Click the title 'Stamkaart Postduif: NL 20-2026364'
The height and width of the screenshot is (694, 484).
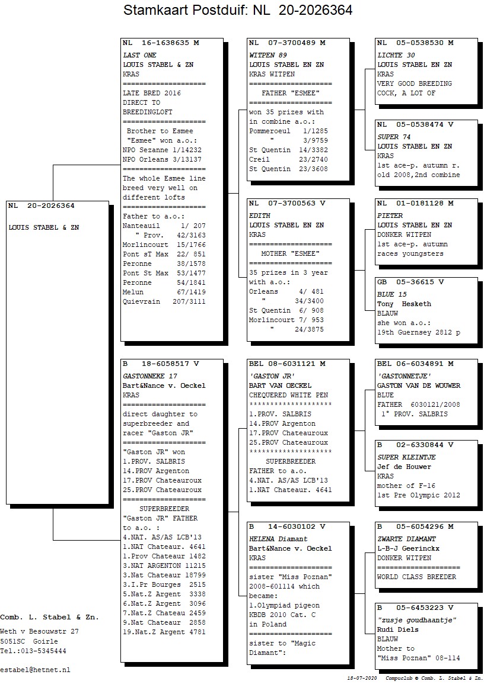pos(238,9)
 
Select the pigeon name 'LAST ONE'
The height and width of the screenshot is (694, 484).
pos(139,55)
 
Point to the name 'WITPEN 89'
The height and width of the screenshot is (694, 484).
pos(268,55)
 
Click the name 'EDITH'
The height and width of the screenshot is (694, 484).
pos(259,216)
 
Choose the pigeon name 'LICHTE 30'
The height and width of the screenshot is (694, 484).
pos(396,55)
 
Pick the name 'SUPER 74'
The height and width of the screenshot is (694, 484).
pos(394,137)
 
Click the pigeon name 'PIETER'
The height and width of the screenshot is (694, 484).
pos(390,216)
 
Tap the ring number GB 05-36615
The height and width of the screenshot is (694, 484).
pos(406,282)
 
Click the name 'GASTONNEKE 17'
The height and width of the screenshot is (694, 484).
pos(150,376)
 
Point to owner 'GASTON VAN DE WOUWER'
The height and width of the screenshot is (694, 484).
pos(418,386)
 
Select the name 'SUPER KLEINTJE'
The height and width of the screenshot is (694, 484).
pos(406,457)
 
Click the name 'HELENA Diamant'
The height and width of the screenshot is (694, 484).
pos(278,539)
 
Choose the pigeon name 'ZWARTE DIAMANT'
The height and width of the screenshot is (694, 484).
pos(406,539)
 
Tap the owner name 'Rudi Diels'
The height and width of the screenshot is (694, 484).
pos(397,630)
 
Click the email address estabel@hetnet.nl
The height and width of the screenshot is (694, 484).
pos(35,670)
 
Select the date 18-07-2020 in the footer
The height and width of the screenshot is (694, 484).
pos(362,679)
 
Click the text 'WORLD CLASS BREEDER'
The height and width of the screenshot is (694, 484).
pos(416,577)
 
